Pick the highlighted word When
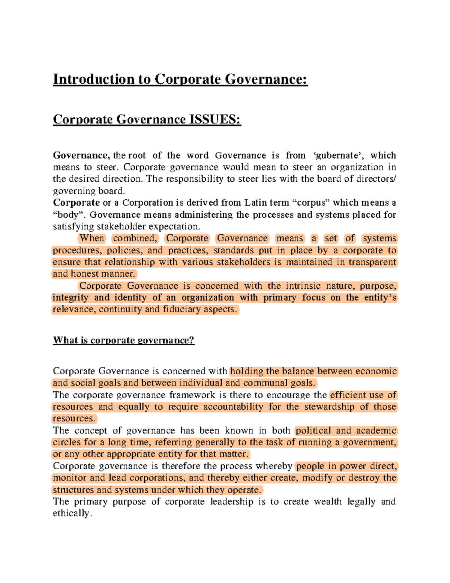point(92,238)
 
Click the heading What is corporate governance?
point(124,340)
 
